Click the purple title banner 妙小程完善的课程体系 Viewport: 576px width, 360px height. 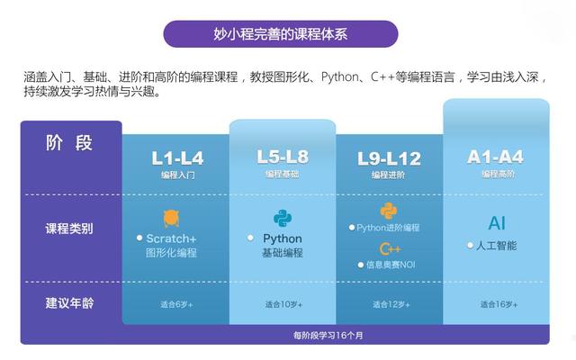click(280, 34)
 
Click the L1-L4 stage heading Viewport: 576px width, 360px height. click(177, 158)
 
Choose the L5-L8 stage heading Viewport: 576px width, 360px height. click(282, 157)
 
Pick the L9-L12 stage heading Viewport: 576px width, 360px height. click(389, 158)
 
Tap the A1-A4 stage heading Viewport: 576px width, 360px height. click(495, 157)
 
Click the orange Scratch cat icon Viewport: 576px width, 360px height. click(171, 218)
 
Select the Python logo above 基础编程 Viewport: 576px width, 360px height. click(283, 218)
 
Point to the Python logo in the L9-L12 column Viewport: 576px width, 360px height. click(389, 211)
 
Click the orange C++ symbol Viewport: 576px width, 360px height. click(390, 247)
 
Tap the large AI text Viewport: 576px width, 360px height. click(497, 222)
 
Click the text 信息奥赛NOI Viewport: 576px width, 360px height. click(390, 265)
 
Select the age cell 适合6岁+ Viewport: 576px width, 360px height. click(176, 304)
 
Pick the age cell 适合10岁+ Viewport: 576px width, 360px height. click(282, 304)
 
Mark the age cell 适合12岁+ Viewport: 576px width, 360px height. click(389, 304)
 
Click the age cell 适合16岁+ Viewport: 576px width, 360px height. click(496, 304)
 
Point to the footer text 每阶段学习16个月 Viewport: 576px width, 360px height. click(328, 336)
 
